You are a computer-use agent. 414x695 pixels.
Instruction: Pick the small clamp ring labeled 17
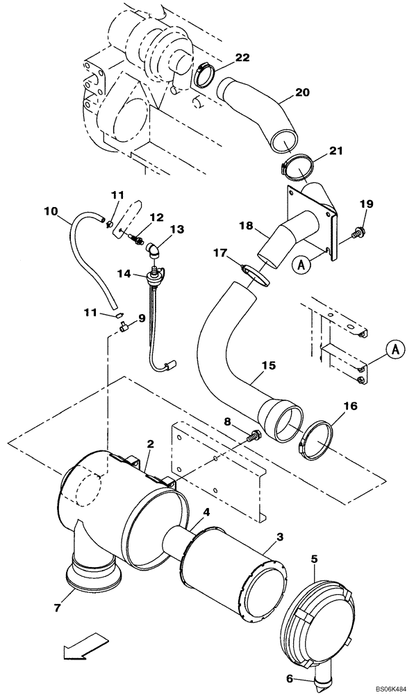click(254, 274)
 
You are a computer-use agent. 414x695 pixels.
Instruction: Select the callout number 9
click(142, 318)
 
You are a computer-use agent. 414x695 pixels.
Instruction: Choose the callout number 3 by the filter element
click(279, 537)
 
